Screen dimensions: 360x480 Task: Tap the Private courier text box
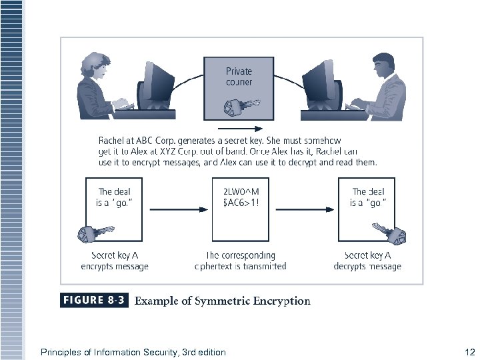(x=239, y=77)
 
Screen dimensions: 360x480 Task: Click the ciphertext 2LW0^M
(x=240, y=192)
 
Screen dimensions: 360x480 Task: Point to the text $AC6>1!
(x=240, y=203)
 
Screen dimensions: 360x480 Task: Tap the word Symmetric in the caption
(x=223, y=301)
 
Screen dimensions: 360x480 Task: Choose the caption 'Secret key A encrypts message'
(x=115, y=261)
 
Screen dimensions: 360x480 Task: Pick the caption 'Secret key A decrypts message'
(x=367, y=261)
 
